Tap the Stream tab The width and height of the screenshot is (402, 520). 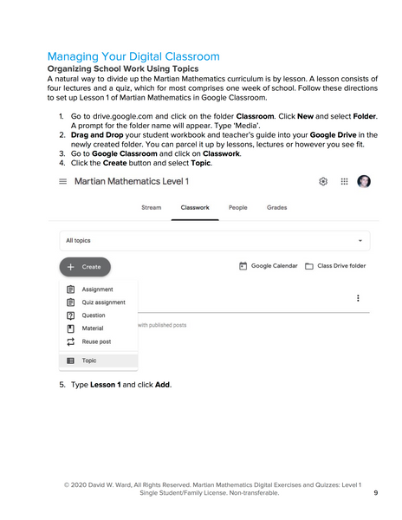tap(151, 208)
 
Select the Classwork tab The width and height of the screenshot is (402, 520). tap(194, 208)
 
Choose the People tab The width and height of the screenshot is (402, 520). tap(237, 208)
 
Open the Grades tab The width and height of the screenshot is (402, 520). tap(277, 208)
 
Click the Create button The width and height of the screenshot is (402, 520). tap(85, 267)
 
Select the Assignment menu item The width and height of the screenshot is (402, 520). tap(97, 289)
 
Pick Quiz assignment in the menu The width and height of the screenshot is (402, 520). tap(103, 302)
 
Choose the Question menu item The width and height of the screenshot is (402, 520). tap(94, 315)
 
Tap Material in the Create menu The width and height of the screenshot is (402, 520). tap(92, 328)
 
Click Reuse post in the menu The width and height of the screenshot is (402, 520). tap(96, 341)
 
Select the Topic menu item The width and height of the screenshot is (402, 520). tap(89, 361)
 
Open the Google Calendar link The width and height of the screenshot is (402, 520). tap(269, 266)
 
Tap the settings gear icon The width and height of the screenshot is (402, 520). tap(323, 182)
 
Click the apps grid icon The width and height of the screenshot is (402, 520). tap(344, 182)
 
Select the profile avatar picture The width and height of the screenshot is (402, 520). tap(364, 182)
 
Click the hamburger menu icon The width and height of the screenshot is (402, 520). tap(62, 182)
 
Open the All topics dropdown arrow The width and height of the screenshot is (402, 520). tap(360, 240)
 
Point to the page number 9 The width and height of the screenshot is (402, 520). tap(375, 492)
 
